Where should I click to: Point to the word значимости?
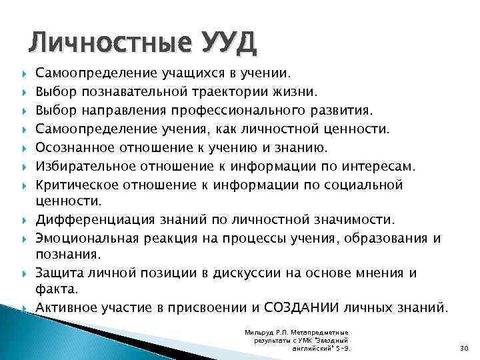pyautogui.click(x=379, y=220)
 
